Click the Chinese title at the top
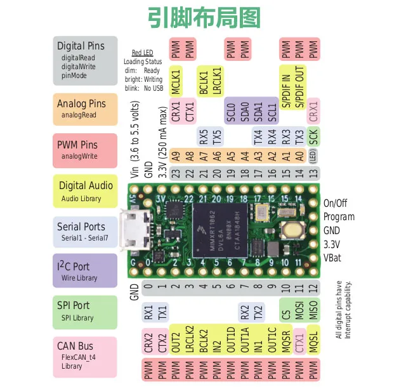pos(204,17)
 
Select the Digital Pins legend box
pos(86,60)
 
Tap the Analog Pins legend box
pos(86,109)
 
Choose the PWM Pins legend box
pos(86,150)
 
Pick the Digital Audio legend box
pos(86,191)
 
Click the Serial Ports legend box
pos(86,232)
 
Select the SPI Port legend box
pos(86,312)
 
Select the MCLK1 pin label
pos(176,80)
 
